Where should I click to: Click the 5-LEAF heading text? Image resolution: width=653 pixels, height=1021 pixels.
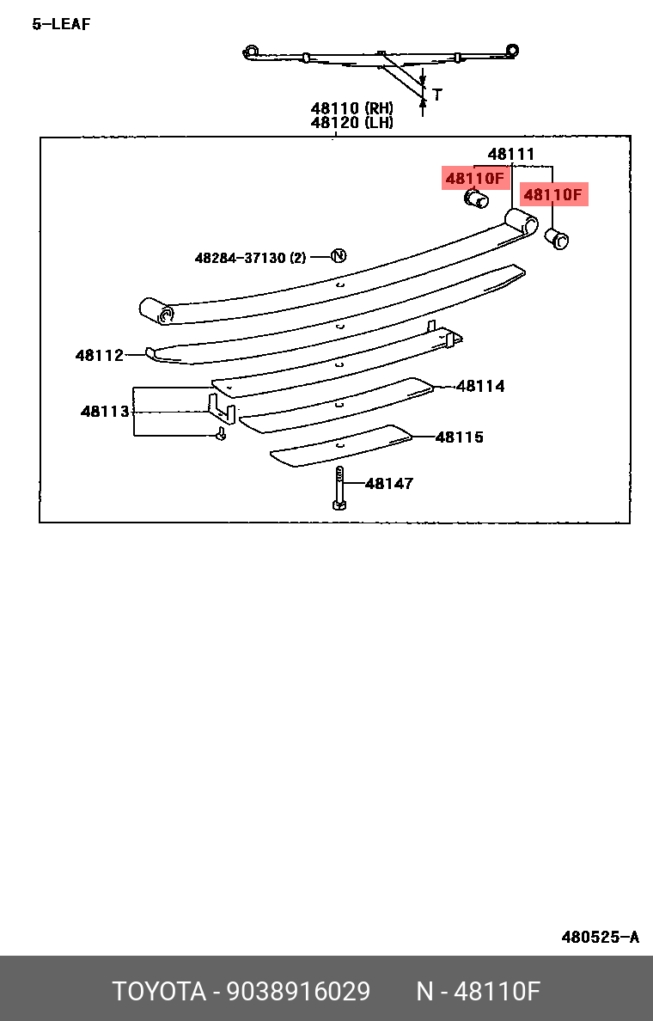pos(61,24)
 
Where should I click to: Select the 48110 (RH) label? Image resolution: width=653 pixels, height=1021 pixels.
pos(351,108)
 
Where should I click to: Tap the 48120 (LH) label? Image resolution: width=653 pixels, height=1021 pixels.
pos(351,122)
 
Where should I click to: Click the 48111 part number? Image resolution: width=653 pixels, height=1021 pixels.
pos(511,155)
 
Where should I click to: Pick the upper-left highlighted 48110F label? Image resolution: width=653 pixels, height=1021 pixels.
pos(474,178)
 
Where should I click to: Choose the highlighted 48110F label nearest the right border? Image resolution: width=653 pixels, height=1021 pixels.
pos(553,194)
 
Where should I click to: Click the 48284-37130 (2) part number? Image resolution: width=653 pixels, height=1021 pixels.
pos(250,258)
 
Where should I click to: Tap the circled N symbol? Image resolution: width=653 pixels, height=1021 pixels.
pos(339,256)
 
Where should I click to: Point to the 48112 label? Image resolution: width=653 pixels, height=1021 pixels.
pos(100,356)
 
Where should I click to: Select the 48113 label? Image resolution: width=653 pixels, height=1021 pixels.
pos(105,412)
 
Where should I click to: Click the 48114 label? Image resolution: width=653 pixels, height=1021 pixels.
pos(480,386)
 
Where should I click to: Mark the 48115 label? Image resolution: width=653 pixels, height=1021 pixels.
pos(460,437)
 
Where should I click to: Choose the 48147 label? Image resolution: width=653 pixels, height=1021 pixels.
pos(389,484)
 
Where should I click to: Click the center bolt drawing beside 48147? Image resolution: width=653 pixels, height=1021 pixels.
pos(339,488)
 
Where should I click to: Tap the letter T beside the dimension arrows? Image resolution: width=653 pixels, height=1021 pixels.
pos(436,95)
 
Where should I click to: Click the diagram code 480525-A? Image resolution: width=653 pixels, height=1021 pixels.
pos(601,938)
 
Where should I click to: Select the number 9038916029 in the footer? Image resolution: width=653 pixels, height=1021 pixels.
pos(298,992)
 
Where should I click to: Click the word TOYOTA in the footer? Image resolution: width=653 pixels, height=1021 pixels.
pos(159,992)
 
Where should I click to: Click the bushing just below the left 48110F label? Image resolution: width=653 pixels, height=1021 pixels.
pos(476,199)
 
